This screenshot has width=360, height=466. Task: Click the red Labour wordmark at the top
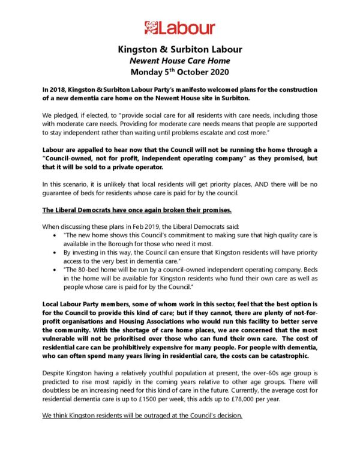click(187, 28)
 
